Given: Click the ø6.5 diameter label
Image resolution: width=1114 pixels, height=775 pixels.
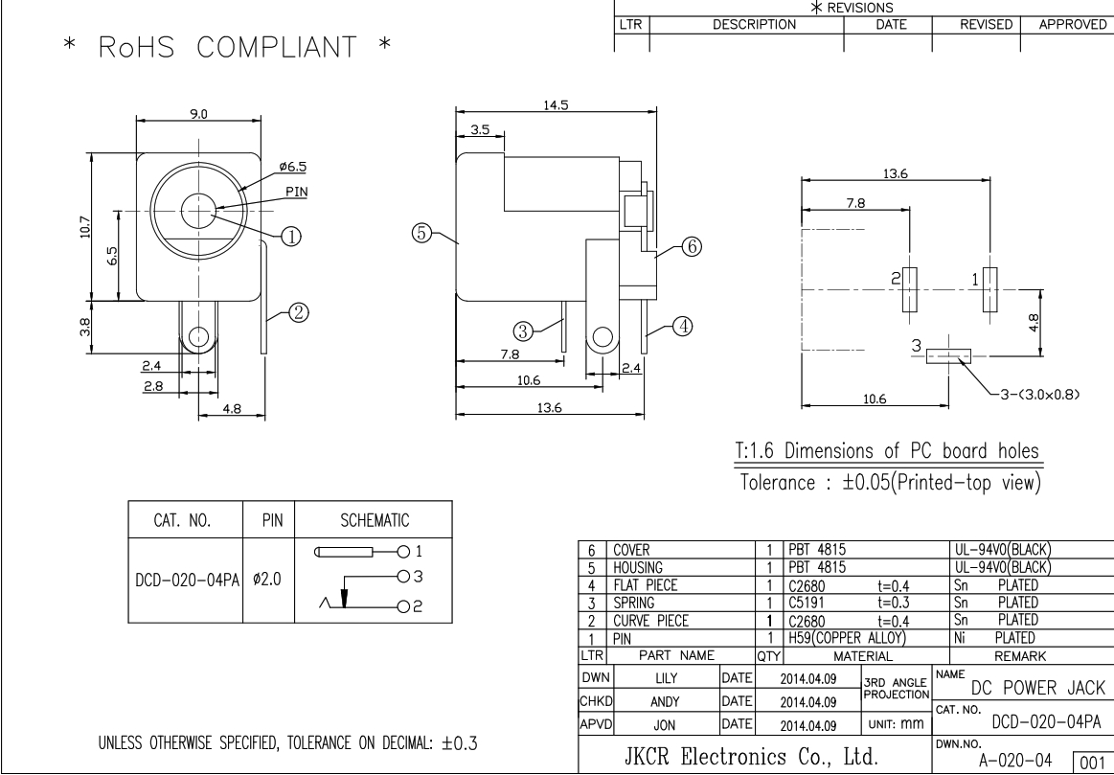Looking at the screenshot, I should [x=292, y=166].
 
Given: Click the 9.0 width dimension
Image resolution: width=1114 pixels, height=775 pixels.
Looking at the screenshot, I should [x=200, y=113].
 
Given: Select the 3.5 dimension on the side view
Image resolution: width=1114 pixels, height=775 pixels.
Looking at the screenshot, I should [x=480, y=128].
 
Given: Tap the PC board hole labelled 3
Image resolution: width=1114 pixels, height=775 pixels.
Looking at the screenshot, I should [x=947, y=355].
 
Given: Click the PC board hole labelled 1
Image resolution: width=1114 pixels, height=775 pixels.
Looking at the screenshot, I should [x=990, y=289].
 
